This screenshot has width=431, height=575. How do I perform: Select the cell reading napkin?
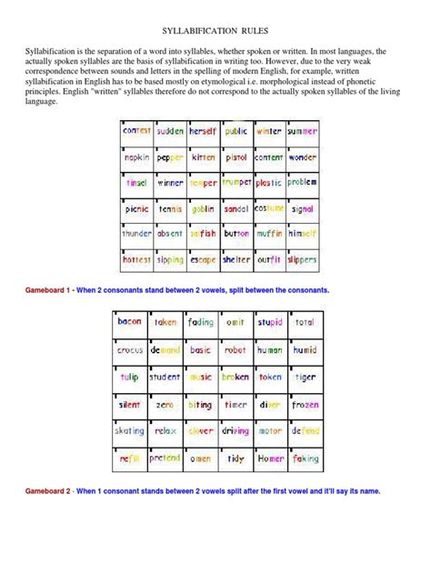pos(136,157)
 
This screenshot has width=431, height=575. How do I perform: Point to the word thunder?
pos(136,234)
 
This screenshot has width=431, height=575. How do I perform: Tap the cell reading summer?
pos(302,132)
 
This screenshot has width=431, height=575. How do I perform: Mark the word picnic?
pos(136,208)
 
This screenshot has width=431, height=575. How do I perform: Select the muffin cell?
pos(268,234)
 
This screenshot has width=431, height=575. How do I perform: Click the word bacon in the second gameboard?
pos(130,321)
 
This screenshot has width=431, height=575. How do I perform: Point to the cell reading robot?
pos(235,349)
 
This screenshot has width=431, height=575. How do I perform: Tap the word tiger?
pos(305,377)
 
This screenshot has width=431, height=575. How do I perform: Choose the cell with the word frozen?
pos(305,404)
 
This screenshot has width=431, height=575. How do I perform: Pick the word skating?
pos(130,431)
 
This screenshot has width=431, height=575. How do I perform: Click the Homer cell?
pos(269,459)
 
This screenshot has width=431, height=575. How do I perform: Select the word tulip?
pos(130,377)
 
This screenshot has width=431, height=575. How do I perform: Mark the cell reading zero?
pos(165,404)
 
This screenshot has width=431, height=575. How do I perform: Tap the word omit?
pos(235,321)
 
